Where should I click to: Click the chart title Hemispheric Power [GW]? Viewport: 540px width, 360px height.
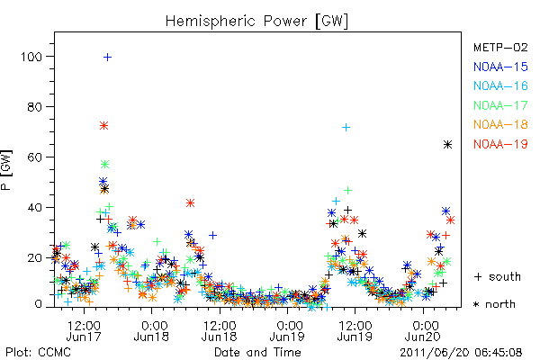pos(256,22)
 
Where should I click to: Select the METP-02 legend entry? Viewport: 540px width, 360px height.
pos(500,47)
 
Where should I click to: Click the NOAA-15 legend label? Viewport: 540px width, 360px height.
pos(500,67)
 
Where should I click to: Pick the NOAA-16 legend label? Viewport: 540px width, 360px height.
pos(500,85)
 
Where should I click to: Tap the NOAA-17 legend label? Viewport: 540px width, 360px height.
pos(500,105)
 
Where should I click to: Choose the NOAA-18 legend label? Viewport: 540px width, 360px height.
pos(500,124)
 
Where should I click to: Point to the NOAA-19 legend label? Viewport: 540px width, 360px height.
pos(500,144)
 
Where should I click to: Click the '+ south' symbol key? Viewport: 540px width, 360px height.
pos(498,276)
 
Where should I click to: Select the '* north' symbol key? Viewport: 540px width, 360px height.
pos(494,304)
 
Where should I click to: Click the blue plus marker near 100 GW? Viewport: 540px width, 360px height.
pos(107,58)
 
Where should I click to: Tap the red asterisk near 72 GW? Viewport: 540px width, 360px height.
pos(104,126)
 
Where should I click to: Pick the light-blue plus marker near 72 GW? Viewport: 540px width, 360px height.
pos(346,128)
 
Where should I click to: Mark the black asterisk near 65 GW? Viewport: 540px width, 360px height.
pos(447,145)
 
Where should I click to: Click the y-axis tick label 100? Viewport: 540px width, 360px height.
pos(31,57)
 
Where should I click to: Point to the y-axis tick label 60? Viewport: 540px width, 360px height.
pos(35,157)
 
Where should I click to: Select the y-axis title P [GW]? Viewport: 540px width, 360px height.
pos(6,170)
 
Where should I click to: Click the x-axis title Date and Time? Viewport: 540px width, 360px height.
pos(257,353)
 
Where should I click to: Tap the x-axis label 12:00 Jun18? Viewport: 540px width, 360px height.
pos(219,331)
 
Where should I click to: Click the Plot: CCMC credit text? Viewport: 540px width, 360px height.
pos(38,353)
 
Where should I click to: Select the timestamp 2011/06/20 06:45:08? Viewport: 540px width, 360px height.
pos(461,353)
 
